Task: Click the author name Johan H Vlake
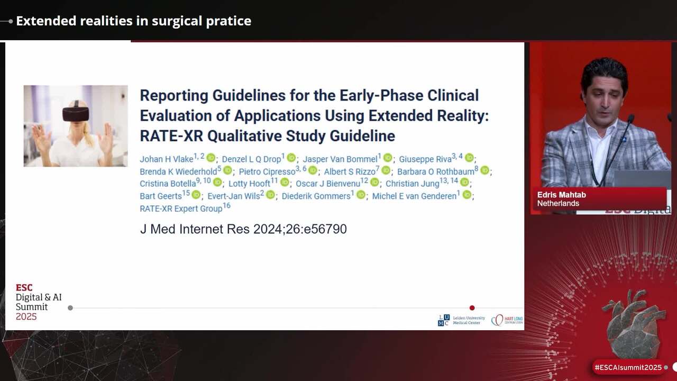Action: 166,159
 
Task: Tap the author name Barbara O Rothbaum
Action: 435,171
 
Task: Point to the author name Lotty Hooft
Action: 249,184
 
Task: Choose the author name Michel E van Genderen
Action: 414,196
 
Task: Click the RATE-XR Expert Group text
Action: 181,208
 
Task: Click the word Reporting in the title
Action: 173,95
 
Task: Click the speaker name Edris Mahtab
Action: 561,195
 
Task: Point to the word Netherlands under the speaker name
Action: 558,204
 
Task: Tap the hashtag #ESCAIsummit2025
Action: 628,367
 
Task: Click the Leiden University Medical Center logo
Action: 461,320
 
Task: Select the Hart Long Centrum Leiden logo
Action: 507,320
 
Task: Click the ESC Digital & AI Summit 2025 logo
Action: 39,302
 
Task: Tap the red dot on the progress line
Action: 472,308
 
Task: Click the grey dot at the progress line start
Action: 70,308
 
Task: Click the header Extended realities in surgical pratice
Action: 133,21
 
